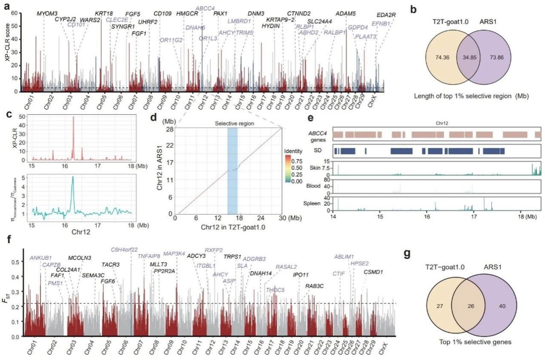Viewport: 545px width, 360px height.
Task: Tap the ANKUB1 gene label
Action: (40, 258)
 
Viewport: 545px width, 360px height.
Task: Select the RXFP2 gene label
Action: (214, 250)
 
